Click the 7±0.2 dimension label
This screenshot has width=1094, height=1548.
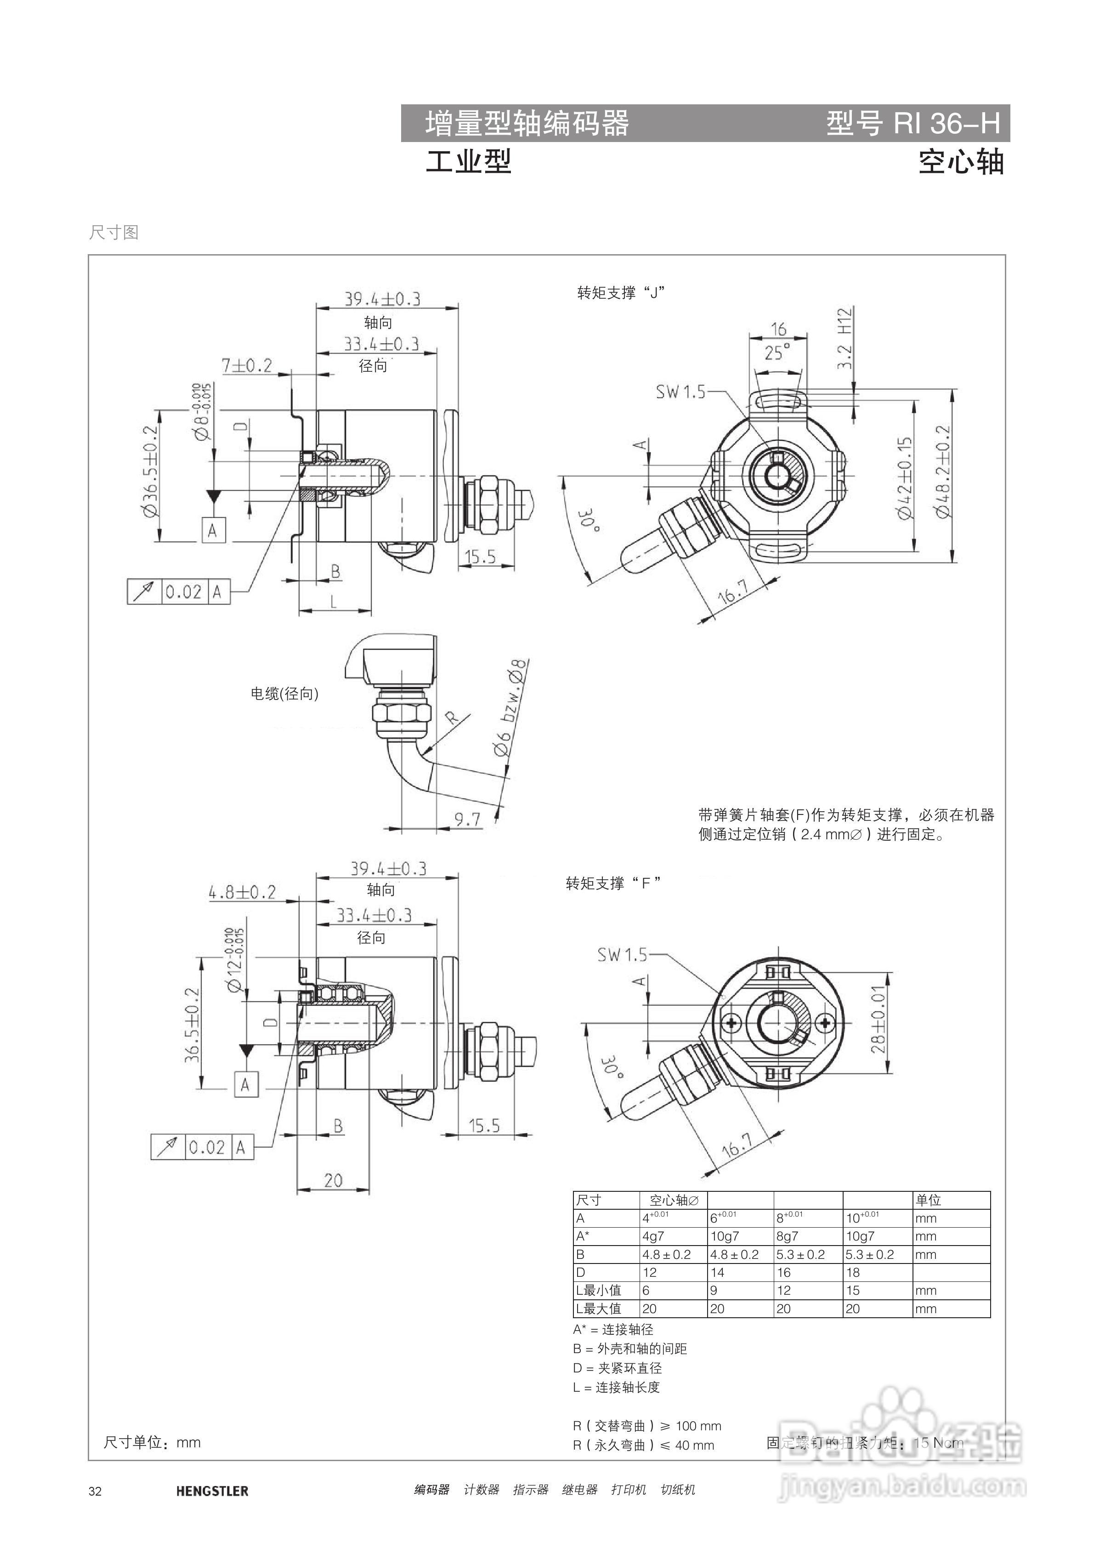[247, 365]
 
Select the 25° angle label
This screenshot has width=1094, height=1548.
[777, 353]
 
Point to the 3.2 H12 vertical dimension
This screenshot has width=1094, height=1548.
[845, 338]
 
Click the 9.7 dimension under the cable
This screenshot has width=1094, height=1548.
[467, 819]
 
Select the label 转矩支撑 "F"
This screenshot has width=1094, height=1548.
[613, 883]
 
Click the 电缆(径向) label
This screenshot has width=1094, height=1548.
[284, 694]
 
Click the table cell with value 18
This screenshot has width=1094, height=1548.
[853, 1272]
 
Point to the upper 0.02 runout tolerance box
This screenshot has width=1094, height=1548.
[183, 592]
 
